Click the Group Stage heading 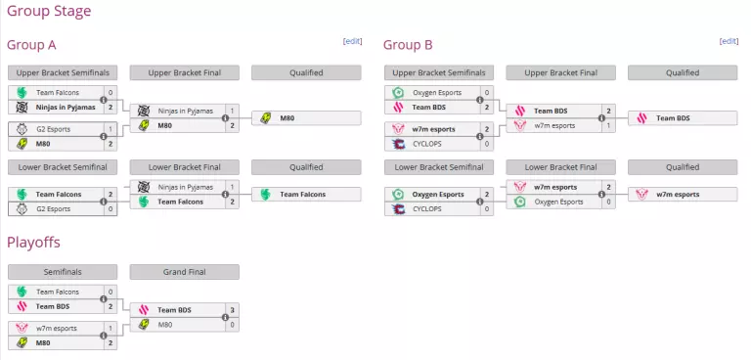tap(49, 12)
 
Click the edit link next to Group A tap(352, 41)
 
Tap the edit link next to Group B tap(729, 41)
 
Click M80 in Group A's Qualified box tap(287, 118)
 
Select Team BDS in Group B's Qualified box tap(673, 118)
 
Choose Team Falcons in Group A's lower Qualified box tap(302, 194)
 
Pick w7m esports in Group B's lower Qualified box tap(678, 194)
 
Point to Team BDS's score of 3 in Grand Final tap(232, 309)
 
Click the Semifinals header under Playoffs tap(63, 272)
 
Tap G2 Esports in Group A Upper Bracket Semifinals tap(55, 129)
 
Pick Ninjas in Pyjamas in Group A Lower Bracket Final tap(185, 187)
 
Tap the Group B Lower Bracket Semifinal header tap(439, 167)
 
